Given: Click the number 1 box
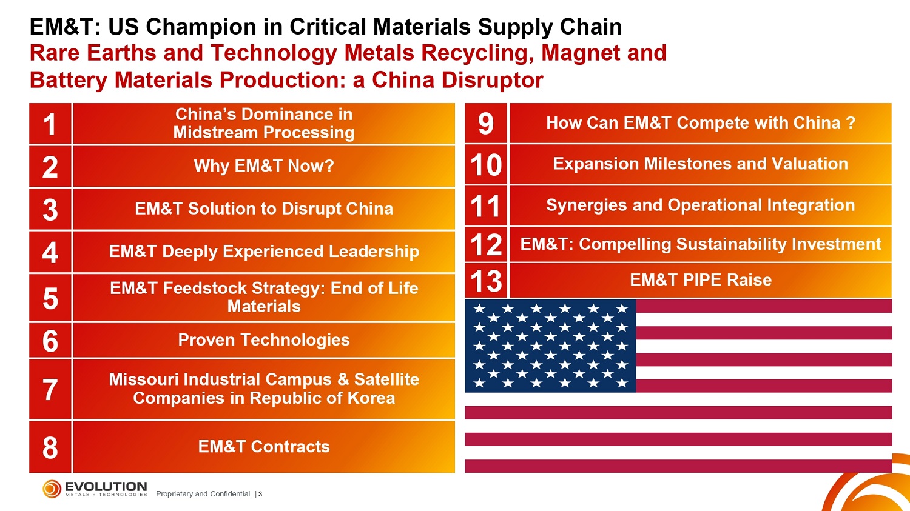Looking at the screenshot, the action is [x=50, y=124].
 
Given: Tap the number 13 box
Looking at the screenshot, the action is [x=486, y=281].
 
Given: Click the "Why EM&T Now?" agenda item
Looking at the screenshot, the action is [x=264, y=167].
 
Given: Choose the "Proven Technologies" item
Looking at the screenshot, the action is [x=264, y=340].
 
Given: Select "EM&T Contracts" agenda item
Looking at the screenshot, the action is [x=264, y=447].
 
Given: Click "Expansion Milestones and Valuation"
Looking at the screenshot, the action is [x=701, y=164].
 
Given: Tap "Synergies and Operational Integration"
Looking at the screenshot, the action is [x=701, y=205].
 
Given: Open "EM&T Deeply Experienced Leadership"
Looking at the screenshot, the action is [x=264, y=252].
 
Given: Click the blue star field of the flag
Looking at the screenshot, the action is [x=550, y=346].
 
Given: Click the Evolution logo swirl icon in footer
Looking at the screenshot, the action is [x=52, y=489].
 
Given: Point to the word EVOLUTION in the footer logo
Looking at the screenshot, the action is [x=106, y=486].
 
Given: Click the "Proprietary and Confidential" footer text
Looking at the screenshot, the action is [x=203, y=494].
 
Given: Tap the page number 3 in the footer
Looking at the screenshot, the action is [x=260, y=494].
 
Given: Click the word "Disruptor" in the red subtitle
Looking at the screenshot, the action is [x=493, y=80].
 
